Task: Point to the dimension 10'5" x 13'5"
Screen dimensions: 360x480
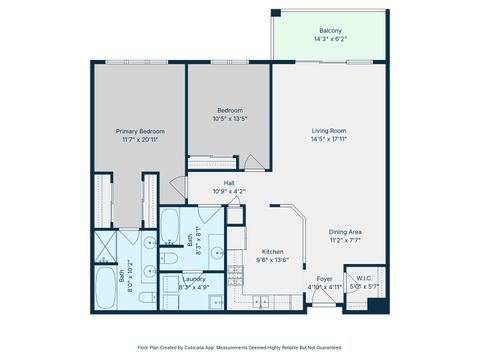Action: (x=229, y=119)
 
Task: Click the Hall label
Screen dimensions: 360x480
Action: (x=229, y=183)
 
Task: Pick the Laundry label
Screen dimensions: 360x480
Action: (x=194, y=279)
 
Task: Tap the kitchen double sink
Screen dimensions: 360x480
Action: (x=262, y=301)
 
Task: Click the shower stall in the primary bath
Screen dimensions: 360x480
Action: (x=106, y=244)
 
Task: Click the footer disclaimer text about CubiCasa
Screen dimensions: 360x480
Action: (x=240, y=347)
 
